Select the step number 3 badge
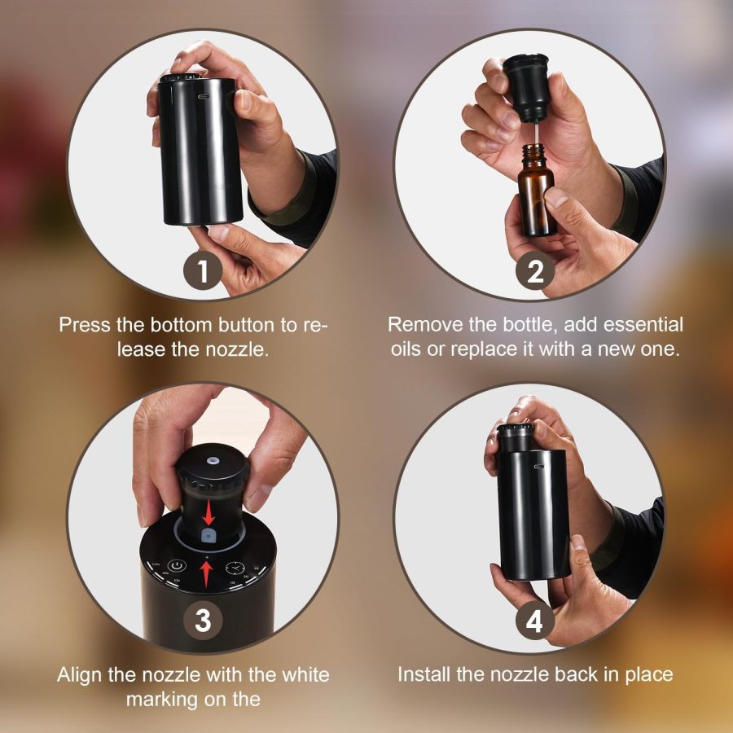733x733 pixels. point(202,621)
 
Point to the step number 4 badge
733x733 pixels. point(535,621)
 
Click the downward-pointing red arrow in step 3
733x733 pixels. point(208,514)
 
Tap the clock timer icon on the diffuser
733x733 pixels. point(234,569)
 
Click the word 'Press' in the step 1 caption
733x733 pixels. point(84,324)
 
